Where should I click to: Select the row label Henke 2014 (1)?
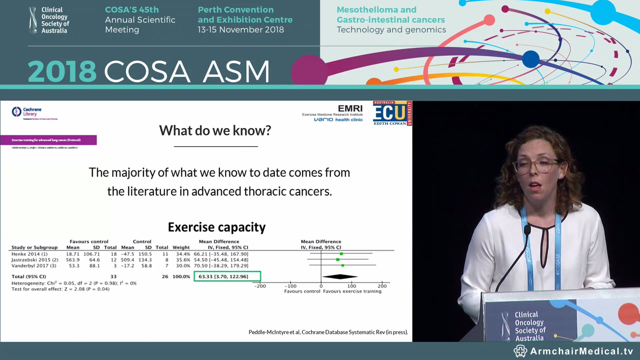pyautogui.click(x=29, y=254)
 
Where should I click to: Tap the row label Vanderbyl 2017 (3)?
pyautogui.click(x=34, y=266)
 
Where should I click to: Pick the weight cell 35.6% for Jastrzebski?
pyautogui.click(x=183, y=260)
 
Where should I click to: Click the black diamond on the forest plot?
pyautogui.click(x=340, y=276)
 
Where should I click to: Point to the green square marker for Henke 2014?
pyautogui.click(x=341, y=254)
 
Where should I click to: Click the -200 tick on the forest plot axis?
pyautogui.click(x=260, y=286)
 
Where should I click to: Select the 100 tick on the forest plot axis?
pyautogui.click(x=352, y=286)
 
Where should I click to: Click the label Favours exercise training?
pyautogui.click(x=352, y=291)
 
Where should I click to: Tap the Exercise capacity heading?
pyautogui.click(x=217, y=227)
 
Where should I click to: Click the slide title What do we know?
pyautogui.click(x=215, y=131)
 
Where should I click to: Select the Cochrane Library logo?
pyautogui.click(x=27, y=112)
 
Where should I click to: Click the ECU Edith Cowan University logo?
pyautogui.click(x=392, y=113)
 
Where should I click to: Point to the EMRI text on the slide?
pyautogui.click(x=350, y=109)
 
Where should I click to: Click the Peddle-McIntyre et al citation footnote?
pyautogui.click(x=328, y=332)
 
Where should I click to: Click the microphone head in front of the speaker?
pyautogui.click(x=527, y=230)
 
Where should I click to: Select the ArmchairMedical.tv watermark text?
pyautogui.click(x=581, y=351)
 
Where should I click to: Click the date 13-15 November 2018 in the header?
pyautogui.click(x=241, y=30)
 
